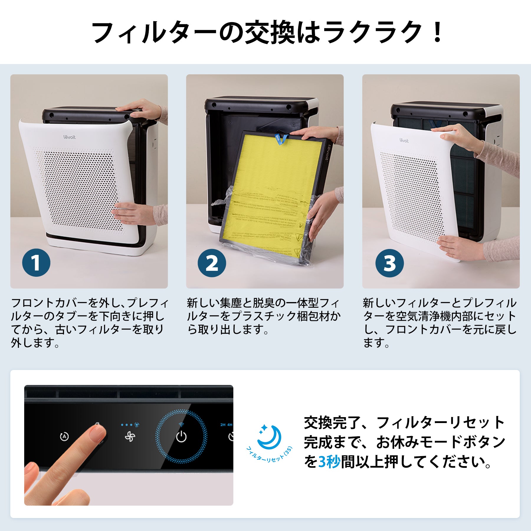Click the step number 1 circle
[36, 263]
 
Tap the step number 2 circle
[212, 263]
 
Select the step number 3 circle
[389, 263]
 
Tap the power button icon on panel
[181, 436]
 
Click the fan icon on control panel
[130, 436]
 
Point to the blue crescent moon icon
[269, 437]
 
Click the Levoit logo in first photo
[70, 137]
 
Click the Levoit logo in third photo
[404, 140]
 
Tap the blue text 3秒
[329, 462]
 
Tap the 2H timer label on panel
[223, 425]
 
